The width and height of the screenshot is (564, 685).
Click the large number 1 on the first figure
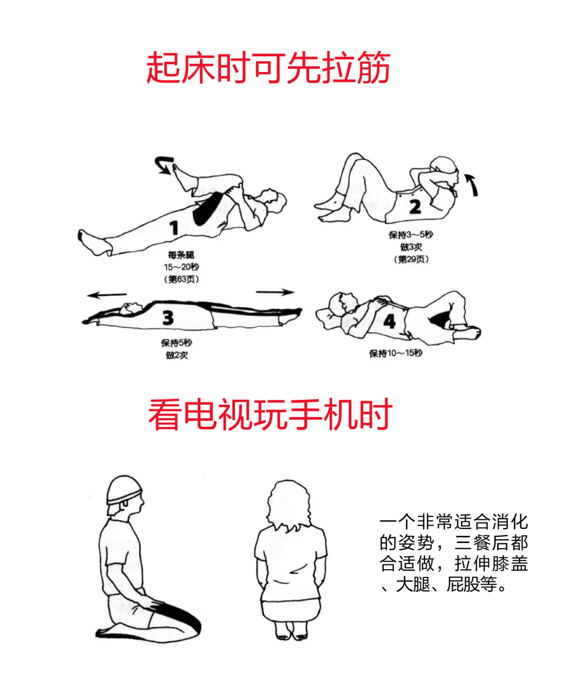(x=174, y=228)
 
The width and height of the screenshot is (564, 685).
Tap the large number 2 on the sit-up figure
(x=415, y=207)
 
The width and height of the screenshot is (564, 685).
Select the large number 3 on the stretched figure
(x=168, y=317)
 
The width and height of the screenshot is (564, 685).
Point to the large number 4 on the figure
(x=390, y=321)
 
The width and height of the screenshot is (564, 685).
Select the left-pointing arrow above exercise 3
(x=107, y=295)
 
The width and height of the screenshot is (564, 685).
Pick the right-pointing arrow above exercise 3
(x=275, y=292)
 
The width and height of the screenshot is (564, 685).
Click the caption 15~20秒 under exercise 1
(x=181, y=267)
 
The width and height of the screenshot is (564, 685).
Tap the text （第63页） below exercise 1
(x=181, y=279)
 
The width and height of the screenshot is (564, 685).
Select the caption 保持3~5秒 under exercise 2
(x=411, y=234)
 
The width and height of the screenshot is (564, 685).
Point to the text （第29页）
(x=412, y=259)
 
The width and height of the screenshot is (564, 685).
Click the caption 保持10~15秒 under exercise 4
(x=396, y=353)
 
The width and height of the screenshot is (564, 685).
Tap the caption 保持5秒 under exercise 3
(x=177, y=342)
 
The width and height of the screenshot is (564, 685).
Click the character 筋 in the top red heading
(x=373, y=68)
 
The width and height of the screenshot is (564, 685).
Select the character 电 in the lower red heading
(x=201, y=415)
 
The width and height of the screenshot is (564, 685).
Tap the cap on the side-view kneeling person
(x=124, y=490)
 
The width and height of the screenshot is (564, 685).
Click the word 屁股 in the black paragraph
(x=463, y=584)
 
